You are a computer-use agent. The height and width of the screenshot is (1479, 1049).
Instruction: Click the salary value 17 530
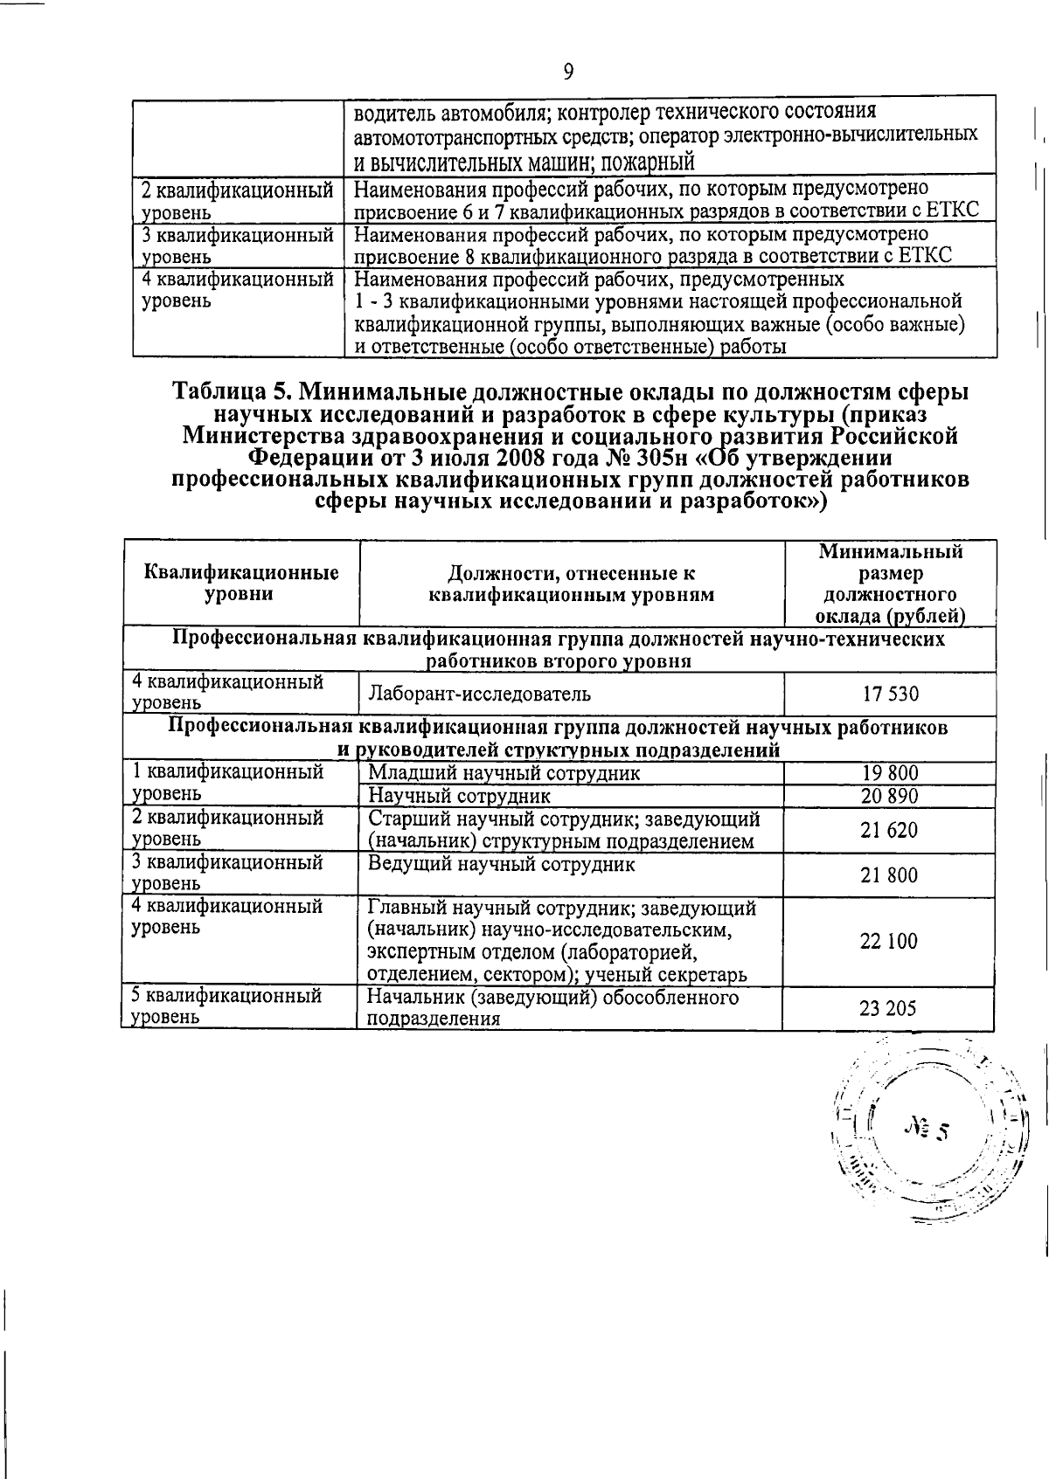coord(890,695)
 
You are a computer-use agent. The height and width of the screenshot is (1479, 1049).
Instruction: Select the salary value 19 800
coord(890,773)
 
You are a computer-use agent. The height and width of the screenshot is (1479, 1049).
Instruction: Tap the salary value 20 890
coord(890,796)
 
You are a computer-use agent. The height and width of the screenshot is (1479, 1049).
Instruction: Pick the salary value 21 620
coord(890,830)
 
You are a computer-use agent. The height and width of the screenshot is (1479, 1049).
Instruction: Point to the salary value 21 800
coord(890,874)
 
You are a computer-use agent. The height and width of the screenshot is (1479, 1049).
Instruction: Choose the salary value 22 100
coord(890,942)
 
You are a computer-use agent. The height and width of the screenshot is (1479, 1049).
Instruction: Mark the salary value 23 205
coord(890,1009)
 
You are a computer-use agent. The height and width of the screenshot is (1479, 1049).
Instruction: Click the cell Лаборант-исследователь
coord(479,695)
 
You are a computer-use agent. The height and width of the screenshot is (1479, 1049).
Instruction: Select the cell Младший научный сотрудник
coord(504,773)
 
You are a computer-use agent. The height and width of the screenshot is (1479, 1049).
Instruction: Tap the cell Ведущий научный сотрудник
coord(501,865)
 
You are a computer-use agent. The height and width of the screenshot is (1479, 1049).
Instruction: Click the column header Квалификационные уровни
coord(241,584)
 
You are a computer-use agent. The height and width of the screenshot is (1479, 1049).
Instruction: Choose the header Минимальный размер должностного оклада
coord(890,584)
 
